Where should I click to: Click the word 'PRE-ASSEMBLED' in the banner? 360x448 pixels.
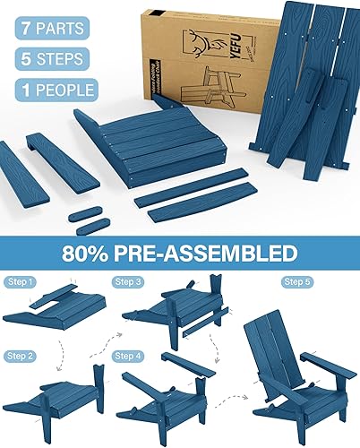[216, 249]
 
